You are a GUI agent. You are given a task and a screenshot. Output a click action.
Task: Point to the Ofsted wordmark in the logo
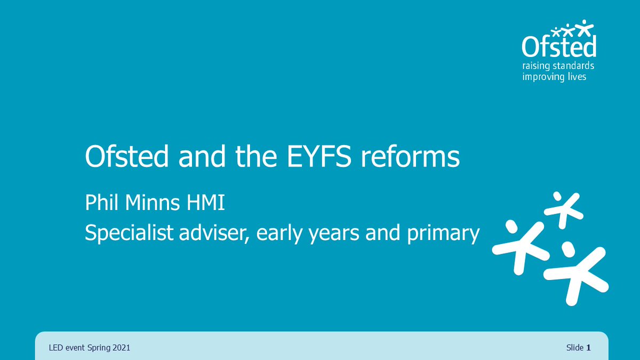click(x=558, y=47)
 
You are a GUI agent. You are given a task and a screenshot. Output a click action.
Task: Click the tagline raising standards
click(x=558, y=67)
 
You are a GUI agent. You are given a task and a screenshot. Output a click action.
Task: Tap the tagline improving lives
click(x=554, y=77)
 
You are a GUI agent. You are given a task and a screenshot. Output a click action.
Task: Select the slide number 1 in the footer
click(x=589, y=348)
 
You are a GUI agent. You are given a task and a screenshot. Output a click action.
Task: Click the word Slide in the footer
click(x=575, y=348)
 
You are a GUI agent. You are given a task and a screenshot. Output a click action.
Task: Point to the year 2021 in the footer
click(x=121, y=348)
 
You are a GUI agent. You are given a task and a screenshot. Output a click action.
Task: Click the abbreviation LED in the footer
click(x=55, y=348)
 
